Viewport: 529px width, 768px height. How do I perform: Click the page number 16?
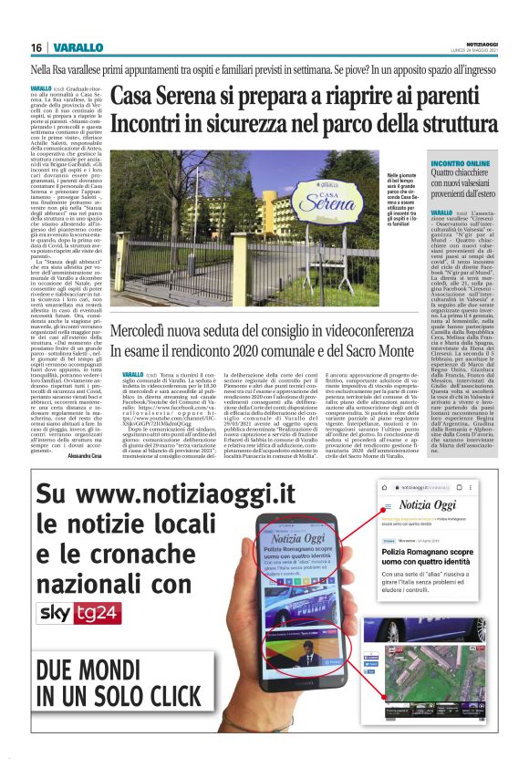tap(36, 47)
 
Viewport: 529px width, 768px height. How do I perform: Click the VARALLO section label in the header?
tap(72, 47)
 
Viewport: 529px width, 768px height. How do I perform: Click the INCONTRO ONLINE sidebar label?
tap(437, 161)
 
